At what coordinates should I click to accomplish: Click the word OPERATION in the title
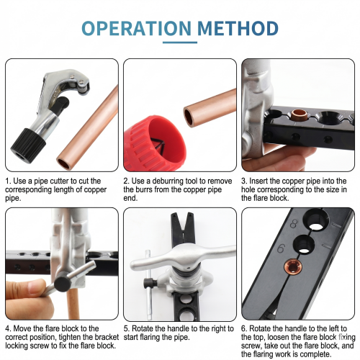[136, 28]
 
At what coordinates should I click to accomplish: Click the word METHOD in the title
[238, 28]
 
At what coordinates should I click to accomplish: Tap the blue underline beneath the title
[180, 42]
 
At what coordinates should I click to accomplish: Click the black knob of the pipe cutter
[28, 145]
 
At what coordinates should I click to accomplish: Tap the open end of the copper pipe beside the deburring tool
[189, 117]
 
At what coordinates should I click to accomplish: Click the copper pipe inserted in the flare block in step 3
[299, 115]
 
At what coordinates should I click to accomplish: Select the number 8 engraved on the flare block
[294, 224]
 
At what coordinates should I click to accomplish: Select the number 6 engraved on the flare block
[282, 248]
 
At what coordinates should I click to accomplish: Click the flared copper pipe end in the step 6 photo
[293, 267]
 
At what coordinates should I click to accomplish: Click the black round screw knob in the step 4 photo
[62, 284]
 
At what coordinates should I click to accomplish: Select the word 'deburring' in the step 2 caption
[168, 181]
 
